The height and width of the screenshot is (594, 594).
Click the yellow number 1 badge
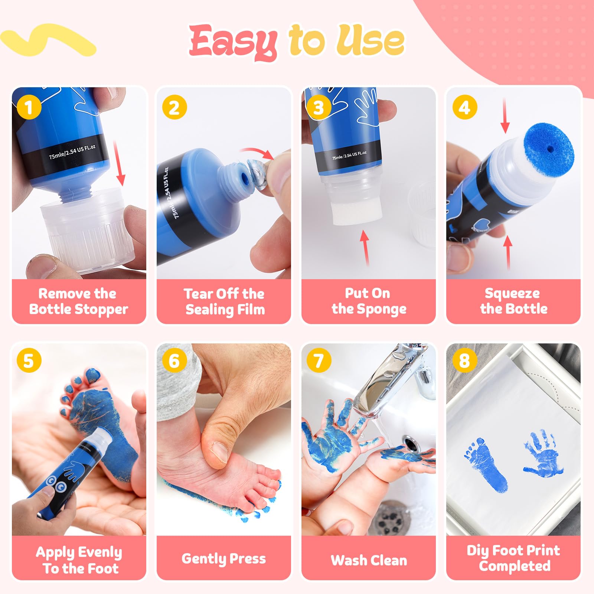click(x=29, y=108)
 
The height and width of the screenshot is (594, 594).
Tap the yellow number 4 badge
click(x=465, y=107)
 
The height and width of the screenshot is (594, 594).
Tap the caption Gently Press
click(x=223, y=559)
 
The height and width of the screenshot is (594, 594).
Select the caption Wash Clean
click(x=369, y=560)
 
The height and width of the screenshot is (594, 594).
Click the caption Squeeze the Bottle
click(x=513, y=301)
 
